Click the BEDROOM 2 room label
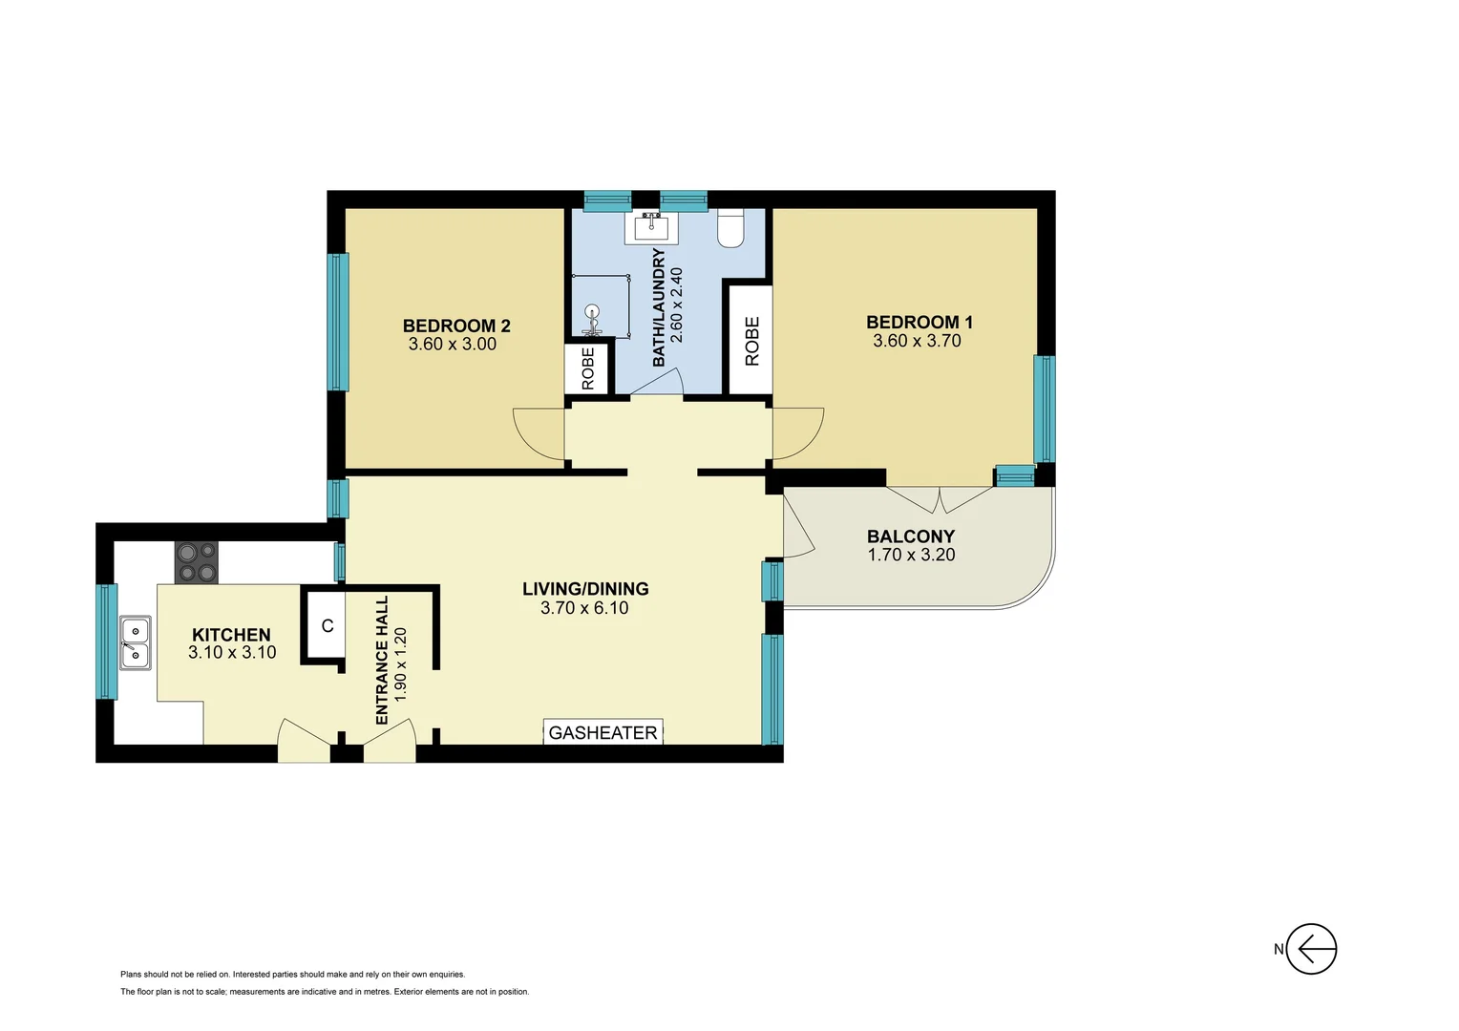point(456,326)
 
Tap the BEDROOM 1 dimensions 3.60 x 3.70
point(917,341)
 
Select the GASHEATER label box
point(603,732)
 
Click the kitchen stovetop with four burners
point(197,562)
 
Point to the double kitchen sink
point(135,642)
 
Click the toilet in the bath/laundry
point(730,229)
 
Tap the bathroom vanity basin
point(652,226)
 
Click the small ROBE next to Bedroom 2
point(587,368)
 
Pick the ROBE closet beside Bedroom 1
point(751,341)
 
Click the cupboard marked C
point(327,626)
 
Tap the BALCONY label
point(910,537)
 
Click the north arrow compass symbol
point(1310,949)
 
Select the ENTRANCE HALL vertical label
point(382,661)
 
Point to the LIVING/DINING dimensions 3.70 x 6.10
point(584,608)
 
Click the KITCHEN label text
point(231,635)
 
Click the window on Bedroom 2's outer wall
point(338,322)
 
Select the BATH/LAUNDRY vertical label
point(659,307)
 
